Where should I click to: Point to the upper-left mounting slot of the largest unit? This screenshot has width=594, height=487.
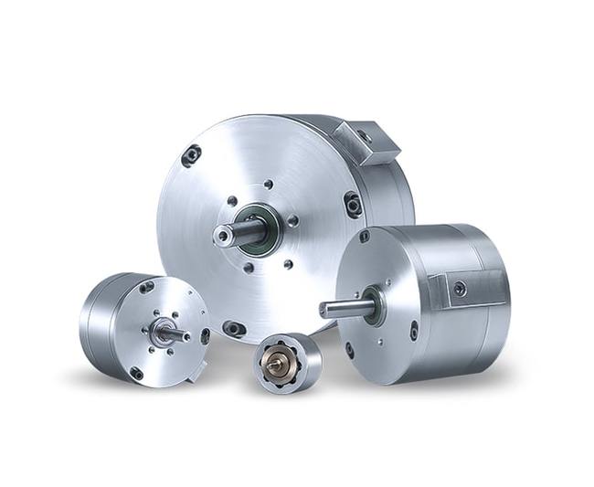191,155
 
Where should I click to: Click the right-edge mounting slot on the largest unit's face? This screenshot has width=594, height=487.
353,205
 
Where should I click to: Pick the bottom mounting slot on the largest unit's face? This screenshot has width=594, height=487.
235,327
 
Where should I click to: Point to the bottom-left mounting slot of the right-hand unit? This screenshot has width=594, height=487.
349,348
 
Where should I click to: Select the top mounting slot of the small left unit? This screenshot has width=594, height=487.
146,287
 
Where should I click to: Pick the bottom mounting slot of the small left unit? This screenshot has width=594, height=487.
137,372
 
